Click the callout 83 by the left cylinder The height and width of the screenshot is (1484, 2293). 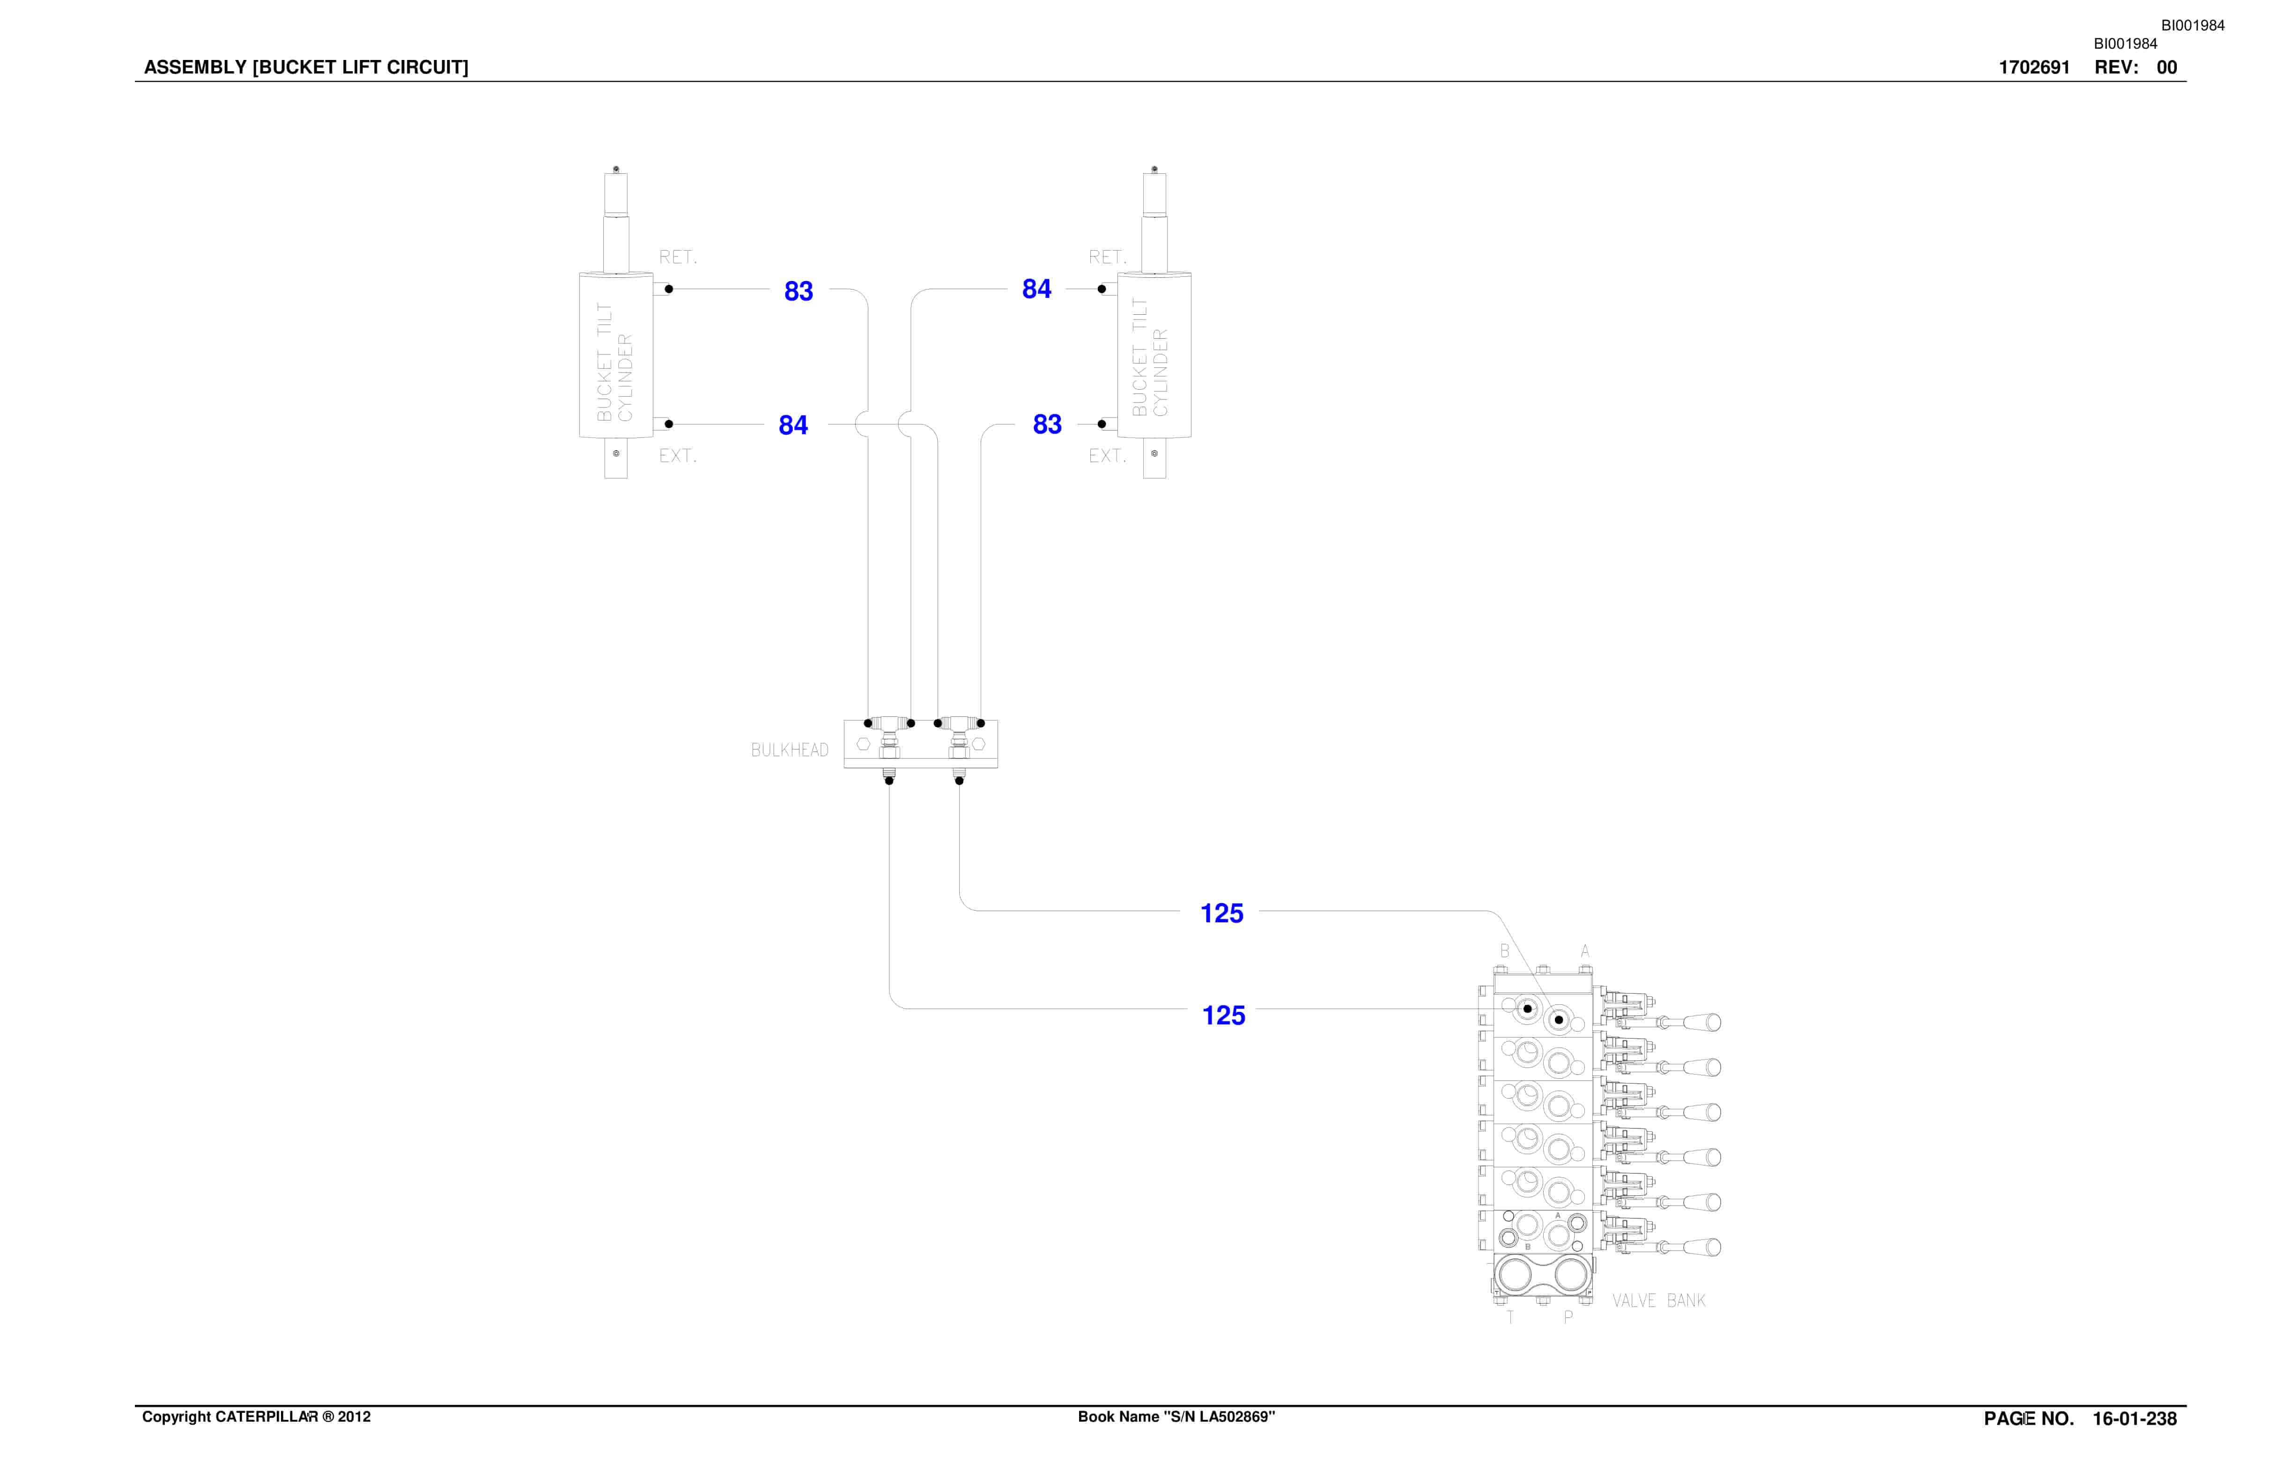[x=799, y=291]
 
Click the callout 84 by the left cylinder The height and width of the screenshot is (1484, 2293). [x=793, y=425]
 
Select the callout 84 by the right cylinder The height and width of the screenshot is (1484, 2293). [x=1036, y=289]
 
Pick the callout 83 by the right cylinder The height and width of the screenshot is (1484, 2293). [x=1047, y=424]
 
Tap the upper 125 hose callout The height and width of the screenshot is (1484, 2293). [x=1221, y=913]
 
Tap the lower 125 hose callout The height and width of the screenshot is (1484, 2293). [x=1224, y=1016]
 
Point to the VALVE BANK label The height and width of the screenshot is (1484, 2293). [x=1659, y=1301]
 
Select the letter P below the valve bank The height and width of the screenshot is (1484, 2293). [x=1568, y=1317]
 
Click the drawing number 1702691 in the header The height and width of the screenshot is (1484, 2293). [x=2034, y=67]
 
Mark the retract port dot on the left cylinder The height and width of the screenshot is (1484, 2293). [x=669, y=289]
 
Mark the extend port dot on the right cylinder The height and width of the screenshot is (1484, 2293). [x=1101, y=424]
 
